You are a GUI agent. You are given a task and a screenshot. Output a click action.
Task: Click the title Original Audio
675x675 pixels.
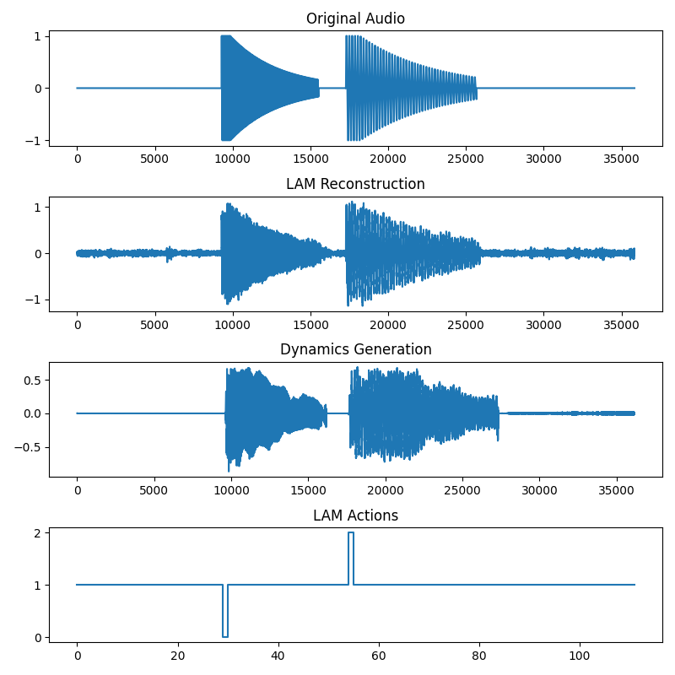[355, 19]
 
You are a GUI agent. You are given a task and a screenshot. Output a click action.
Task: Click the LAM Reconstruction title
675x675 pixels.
[355, 184]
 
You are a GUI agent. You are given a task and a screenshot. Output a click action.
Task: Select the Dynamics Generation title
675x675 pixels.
[355, 349]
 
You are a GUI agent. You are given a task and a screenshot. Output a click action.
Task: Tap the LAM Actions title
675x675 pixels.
[355, 515]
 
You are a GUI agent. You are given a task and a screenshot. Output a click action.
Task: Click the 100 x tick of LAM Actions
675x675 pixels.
[580, 653]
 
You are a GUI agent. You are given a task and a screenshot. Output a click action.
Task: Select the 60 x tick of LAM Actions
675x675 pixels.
[379, 653]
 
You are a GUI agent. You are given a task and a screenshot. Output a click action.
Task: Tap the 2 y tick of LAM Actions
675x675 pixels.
[39, 533]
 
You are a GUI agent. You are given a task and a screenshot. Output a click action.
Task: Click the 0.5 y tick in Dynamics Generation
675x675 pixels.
[34, 380]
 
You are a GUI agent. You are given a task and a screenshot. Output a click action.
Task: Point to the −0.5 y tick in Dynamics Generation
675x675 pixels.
[30, 447]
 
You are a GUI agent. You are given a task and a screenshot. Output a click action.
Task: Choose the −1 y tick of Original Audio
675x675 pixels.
[35, 140]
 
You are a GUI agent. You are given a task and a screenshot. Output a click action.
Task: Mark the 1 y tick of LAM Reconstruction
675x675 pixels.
[39, 207]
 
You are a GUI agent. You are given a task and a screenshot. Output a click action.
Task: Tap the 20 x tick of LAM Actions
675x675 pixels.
[177, 653]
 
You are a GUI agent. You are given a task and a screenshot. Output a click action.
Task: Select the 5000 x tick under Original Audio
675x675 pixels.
[154, 157]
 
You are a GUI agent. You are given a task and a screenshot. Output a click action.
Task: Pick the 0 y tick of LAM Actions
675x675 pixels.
[39, 637]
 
